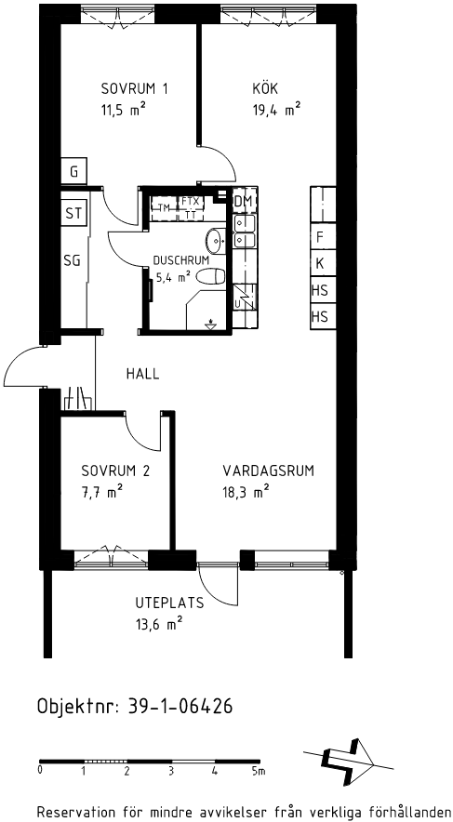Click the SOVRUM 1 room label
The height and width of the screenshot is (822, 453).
pyautogui.click(x=135, y=88)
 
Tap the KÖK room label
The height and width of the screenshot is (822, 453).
pyautogui.click(x=265, y=87)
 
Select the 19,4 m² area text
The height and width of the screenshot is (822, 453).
pyautogui.click(x=276, y=110)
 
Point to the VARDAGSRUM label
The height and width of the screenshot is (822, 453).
pyautogui.click(x=269, y=471)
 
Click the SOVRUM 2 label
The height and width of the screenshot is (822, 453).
pyautogui.click(x=115, y=471)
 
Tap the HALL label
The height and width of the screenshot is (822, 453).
pyautogui.click(x=142, y=374)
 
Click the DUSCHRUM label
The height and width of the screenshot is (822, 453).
pyautogui.click(x=180, y=260)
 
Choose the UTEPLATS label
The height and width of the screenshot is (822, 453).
pyautogui.click(x=169, y=603)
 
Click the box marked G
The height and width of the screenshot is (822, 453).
pyautogui.click(x=73, y=171)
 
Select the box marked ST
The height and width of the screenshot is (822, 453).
pyautogui.click(x=73, y=213)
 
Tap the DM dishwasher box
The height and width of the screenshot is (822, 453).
pyautogui.click(x=244, y=201)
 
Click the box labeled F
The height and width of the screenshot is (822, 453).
pyautogui.click(x=323, y=237)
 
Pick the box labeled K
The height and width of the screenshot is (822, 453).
pyautogui.click(x=323, y=263)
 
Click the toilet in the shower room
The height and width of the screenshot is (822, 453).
pyautogui.click(x=213, y=275)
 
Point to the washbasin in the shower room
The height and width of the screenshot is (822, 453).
pyautogui.click(x=216, y=240)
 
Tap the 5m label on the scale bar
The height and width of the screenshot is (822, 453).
pyautogui.click(x=258, y=771)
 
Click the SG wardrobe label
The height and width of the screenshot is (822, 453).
pyautogui.click(x=73, y=260)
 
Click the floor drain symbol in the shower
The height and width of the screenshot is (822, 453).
pyautogui.click(x=211, y=324)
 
